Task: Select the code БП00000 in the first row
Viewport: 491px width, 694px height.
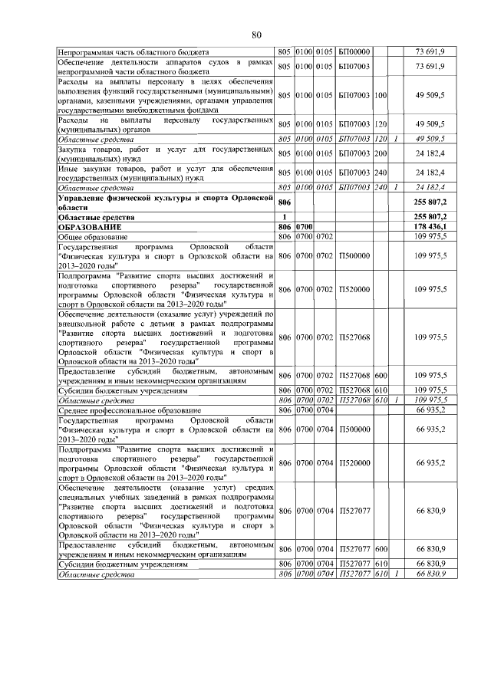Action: pyautogui.click(x=354, y=51)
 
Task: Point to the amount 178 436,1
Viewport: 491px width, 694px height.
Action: pyautogui.click(x=434, y=228)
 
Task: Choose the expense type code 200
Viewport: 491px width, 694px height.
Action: pyautogui.click(x=381, y=153)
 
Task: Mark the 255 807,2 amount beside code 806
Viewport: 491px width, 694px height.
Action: pyautogui.click(x=434, y=202)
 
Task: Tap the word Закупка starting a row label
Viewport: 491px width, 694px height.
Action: pyautogui.click(x=76, y=149)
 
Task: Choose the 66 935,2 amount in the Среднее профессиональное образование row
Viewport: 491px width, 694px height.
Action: pyautogui.click(x=434, y=411)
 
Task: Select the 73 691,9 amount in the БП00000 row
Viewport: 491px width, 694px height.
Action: pyautogui.click(x=434, y=51)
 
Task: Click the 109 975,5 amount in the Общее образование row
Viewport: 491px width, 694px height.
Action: pyautogui.click(x=434, y=237)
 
